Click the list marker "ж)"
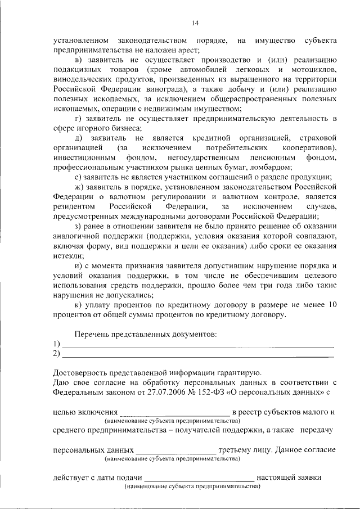[x=80, y=186]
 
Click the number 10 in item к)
[x=331, y=305]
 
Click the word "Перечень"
[x=93, y=334]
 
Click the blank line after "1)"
[x=197, y=344]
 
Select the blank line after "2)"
[x=197, y=354]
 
